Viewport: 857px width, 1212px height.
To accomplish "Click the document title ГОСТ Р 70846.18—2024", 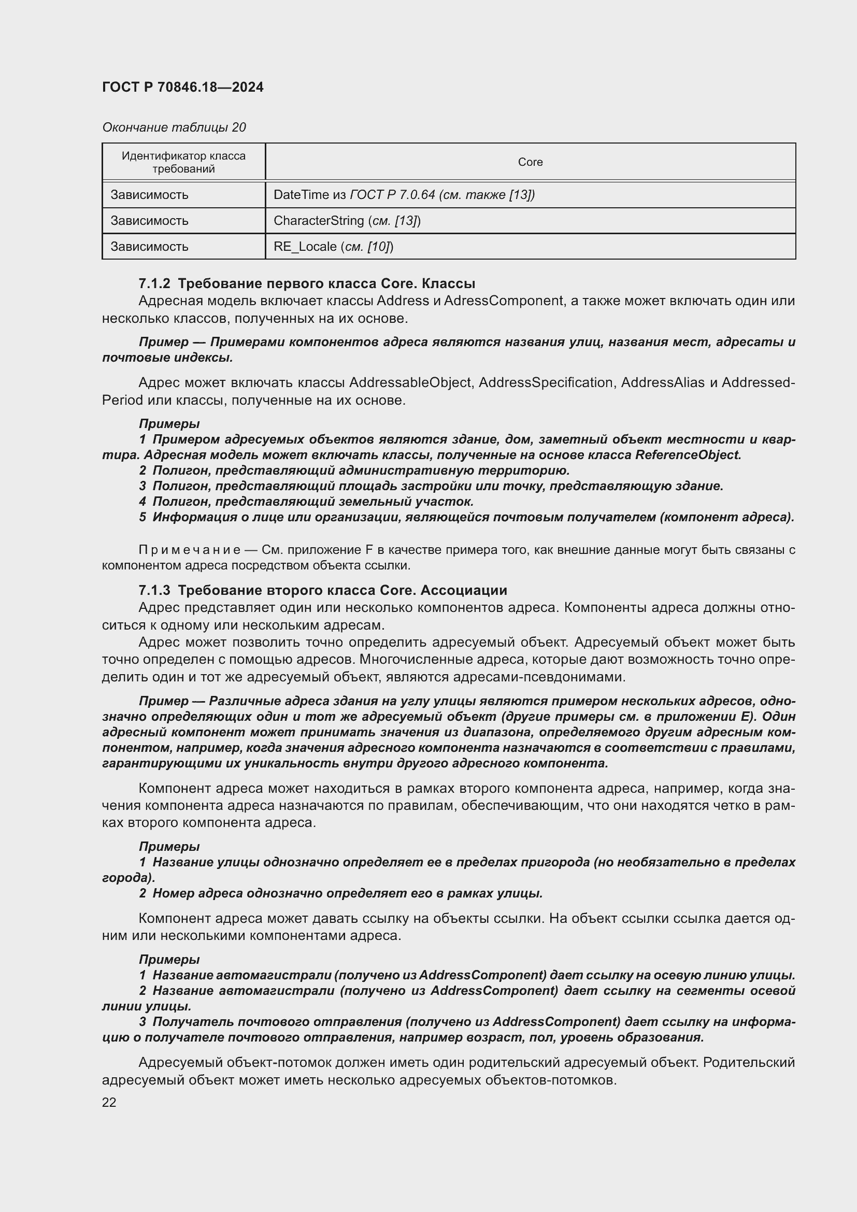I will tap(182, 87).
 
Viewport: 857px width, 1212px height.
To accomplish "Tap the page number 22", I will tap(109, 1102).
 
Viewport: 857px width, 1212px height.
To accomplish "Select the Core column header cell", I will tap(530, 162).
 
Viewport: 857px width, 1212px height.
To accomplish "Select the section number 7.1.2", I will tap(154, 283).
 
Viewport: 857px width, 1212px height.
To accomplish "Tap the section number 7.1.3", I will tap(154, 590).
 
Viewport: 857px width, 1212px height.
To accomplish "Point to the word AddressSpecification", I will tap(545, 382).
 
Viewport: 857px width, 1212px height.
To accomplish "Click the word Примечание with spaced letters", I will tap(190, 550).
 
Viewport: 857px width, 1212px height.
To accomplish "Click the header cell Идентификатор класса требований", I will tap(183, 162).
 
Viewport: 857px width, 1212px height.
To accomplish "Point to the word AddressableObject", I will tap(410, 382).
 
